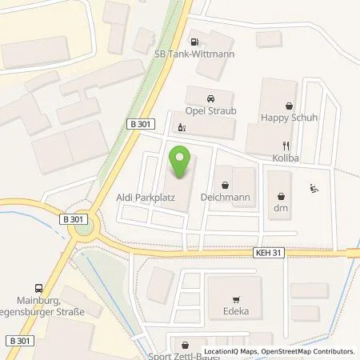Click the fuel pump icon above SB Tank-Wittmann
tap(193, 40)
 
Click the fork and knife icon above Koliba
tap(286, 146)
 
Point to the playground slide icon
tap(312, 189)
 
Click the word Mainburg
tap(27, 291)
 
